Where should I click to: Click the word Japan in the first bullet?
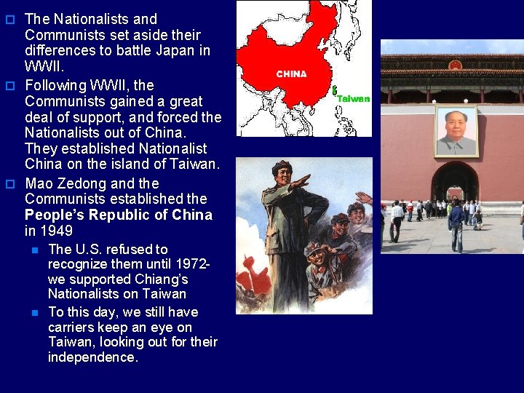[x=175, y=50]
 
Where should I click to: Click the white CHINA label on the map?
[x=291, y=74]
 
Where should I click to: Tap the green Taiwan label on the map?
[x=353, y=99]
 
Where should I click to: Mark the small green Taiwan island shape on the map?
[x=334, y=92]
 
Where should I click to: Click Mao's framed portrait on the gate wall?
[x=458, y=132]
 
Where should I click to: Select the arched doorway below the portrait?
[x=455, y=186]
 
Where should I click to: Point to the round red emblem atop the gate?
[x=455, y=65]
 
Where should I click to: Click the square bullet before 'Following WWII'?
[x=10, y=85]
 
